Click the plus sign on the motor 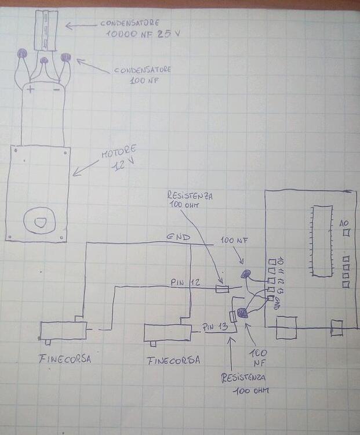tap(30, 90)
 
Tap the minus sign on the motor tap(56, 90)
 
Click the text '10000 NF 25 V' tap(143, 35)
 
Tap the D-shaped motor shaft tap(39, 222)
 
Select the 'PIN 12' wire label tap(186, 282)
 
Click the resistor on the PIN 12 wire tap(221, 288)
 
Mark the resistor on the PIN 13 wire tap(233, 317)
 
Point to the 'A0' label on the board tap(343, 223)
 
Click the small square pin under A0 tap(347, 233)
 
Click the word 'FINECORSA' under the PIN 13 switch tap(173, 360)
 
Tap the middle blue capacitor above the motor tap(44, 60)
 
